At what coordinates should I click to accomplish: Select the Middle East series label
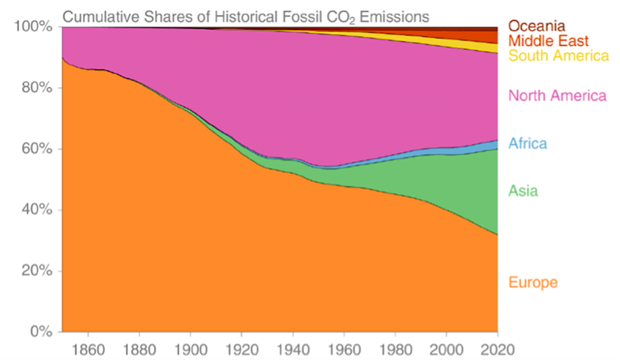click(549, 41)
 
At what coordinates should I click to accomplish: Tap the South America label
click(558, 56)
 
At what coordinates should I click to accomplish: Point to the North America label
click(556, 96)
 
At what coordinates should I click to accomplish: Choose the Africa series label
click(527, 144)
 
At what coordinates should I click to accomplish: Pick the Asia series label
click(523, 191)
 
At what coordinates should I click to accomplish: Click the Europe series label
click(532, 282)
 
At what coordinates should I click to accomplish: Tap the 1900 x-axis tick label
click(189, 348)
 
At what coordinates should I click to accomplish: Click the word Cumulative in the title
click(101, 15)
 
